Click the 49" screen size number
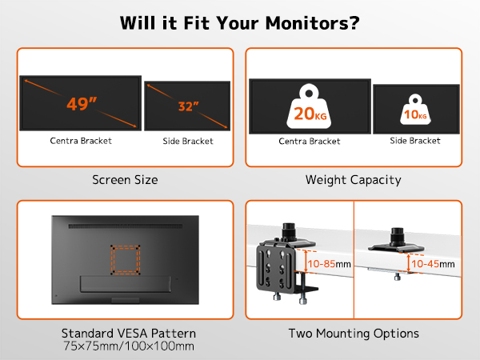click(82, 104)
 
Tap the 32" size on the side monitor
click(188, 106)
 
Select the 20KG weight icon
click(309, 106)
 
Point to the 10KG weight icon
click(415, 110)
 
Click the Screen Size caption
click(125, 180)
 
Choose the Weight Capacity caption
click(354, 180)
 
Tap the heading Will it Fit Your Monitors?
click(240, 22)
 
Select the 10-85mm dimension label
click(329, 263)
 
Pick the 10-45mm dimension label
click(433, 263)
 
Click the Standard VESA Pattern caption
click(129, 333)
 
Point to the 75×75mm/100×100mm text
click(129, 346)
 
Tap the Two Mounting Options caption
click(354, 333)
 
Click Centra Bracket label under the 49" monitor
click(81, 141)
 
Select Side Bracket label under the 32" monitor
click(188, 141)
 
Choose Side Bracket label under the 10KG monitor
click(415, 141)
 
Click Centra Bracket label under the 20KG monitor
click(310, 141)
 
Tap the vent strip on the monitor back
click(126, 226)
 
